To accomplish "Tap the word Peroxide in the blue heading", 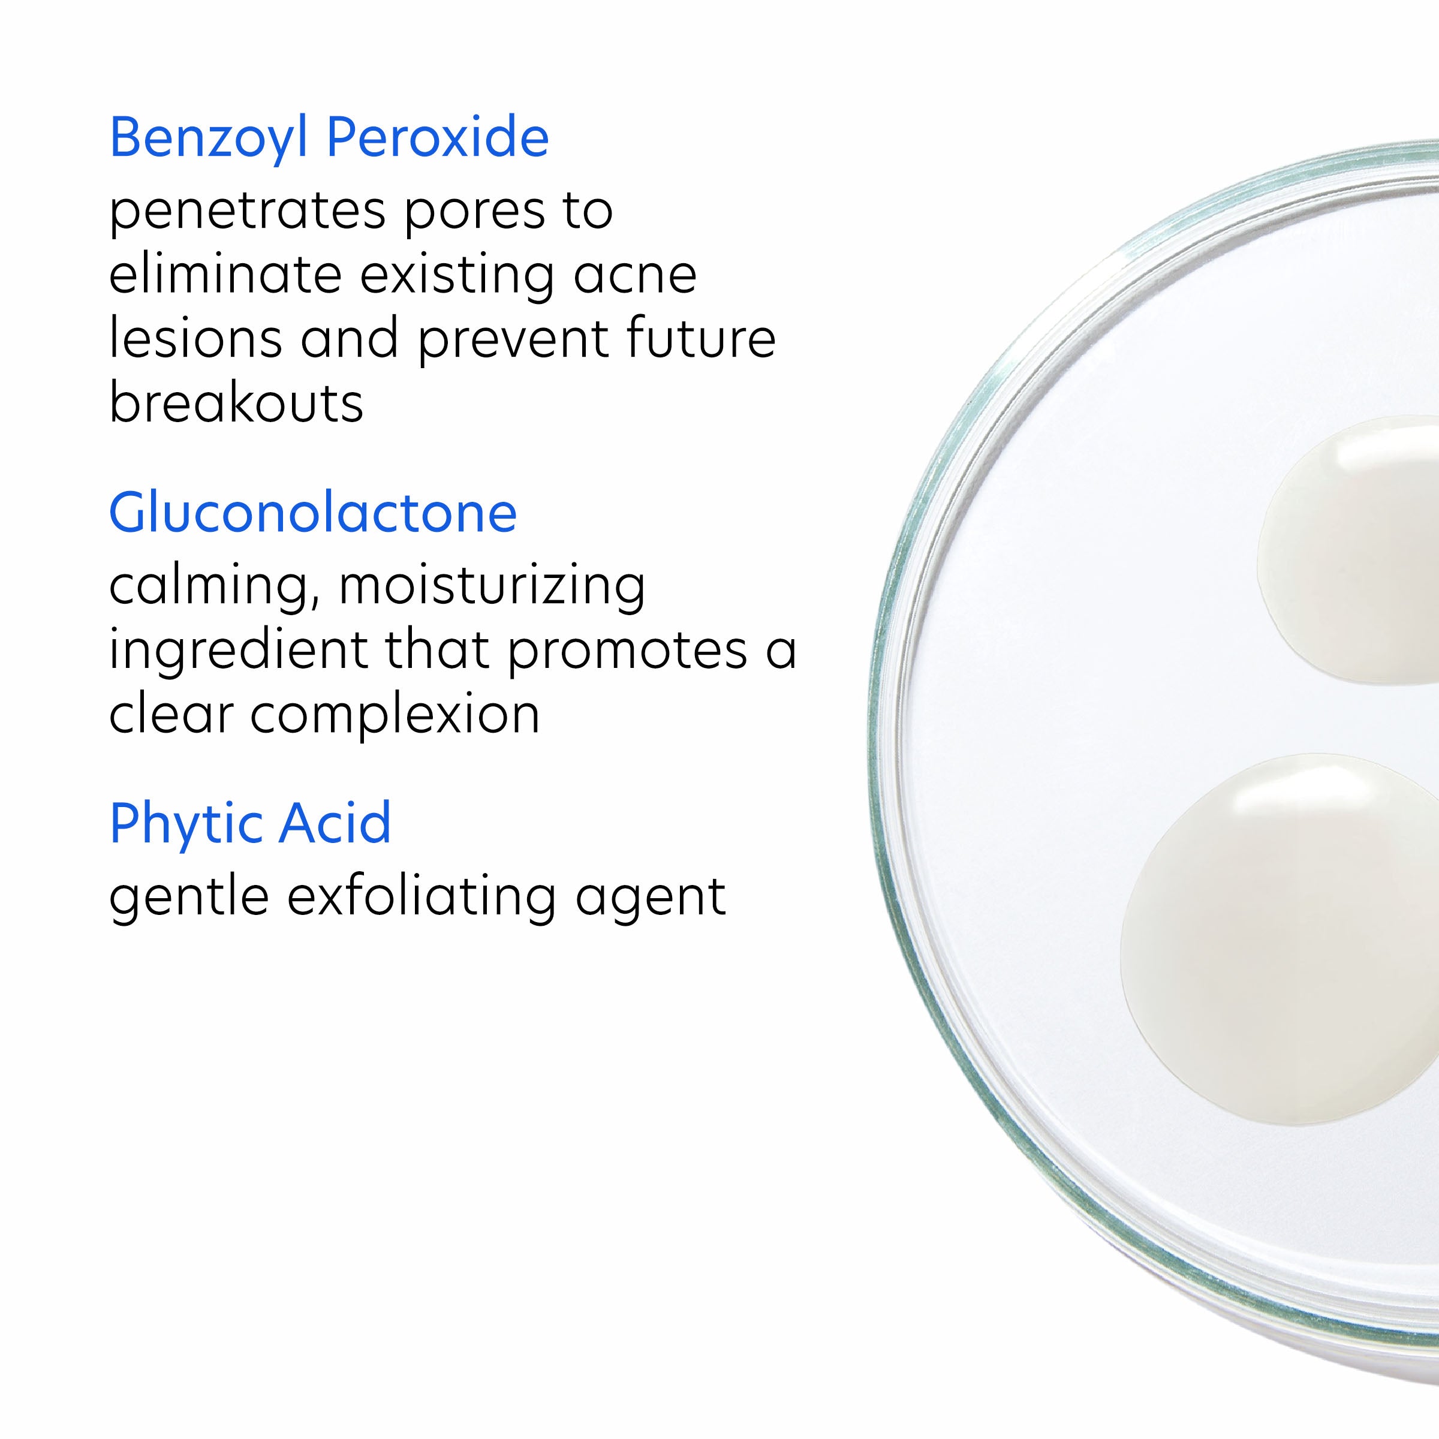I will click(x=437, y=139).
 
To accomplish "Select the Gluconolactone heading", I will click(x=313, y=514).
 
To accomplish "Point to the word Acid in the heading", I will click(x=335, y=823).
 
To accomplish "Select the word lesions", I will click(x=195, y=339).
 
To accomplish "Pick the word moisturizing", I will click(x=492, y=586).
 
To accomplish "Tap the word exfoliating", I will click(x=422, y=897).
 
